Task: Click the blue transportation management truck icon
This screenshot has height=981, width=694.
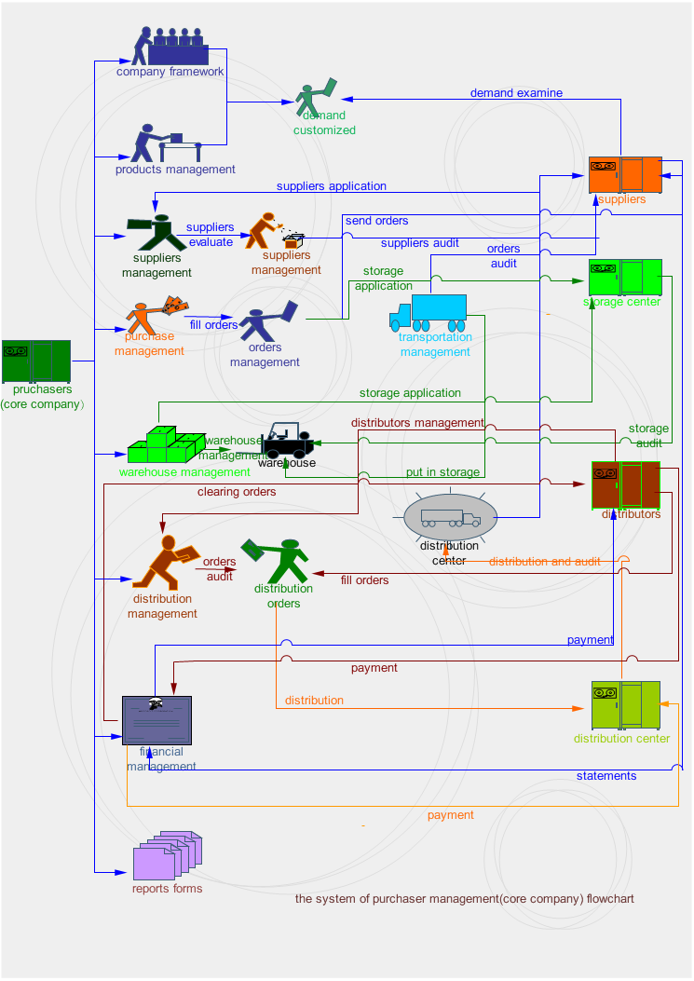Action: pos(429,312)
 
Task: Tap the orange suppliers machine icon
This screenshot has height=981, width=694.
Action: pos(625,174)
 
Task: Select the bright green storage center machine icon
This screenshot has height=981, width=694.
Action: pos(624,277)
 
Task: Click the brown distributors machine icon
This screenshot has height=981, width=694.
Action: pos(626,484)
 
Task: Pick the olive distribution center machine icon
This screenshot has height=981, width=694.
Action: pos(625,705)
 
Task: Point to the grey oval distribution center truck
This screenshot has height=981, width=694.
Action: pos(451,517)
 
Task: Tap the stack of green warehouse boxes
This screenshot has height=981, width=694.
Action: pos(167,445)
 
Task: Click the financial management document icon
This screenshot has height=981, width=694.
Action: pos(156,719)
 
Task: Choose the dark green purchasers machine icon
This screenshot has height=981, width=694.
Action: pos(36,361)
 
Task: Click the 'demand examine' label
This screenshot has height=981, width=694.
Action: pos(516,93)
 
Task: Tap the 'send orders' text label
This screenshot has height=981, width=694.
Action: pos(376,221)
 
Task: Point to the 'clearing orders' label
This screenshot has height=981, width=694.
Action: pos(237,492)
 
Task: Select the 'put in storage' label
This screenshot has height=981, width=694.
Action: pos(442,472)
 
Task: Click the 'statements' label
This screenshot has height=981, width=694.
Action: pos(606,776)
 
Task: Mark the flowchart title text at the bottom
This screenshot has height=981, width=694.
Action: pos(464,899)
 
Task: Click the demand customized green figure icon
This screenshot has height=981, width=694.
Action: pos(315,97)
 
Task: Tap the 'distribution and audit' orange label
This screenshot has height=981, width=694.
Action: pos(544,562)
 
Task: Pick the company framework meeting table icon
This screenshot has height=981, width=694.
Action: pos(171,46)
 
